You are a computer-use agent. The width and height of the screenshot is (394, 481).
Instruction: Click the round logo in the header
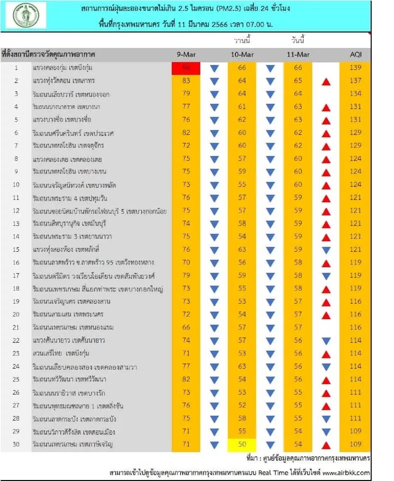pos(26,15)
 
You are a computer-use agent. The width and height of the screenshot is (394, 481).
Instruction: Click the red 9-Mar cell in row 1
pos(186,68)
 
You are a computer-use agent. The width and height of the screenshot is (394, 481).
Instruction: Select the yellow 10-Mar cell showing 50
pos(242,444)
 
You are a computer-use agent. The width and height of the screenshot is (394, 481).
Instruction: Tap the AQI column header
pos(356,55)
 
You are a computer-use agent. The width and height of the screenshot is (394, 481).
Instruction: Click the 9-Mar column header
pos(186,55)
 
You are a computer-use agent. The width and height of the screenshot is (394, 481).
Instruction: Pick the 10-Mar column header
pos(242,55)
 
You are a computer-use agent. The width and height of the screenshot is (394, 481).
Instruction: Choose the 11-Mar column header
pos(298,55)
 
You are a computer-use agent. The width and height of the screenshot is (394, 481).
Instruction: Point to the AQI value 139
pos(355,68)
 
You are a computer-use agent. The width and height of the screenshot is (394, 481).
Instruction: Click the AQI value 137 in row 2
pos(355,81)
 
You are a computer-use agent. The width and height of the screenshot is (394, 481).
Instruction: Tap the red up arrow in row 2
pos(326,82)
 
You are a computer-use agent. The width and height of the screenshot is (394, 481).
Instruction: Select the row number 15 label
pos(16,250)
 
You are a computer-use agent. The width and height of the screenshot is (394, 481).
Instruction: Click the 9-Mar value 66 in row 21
pos(186,327)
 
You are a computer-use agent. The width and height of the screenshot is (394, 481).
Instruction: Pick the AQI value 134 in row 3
pos(355,94)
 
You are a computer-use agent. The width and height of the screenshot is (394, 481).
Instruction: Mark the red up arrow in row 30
pos(326,446)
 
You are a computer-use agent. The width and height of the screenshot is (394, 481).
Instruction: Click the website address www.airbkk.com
pos(346,473)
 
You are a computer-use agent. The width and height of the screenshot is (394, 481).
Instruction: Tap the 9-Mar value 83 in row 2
pos(186,81)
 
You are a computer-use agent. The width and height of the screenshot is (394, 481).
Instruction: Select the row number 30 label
pos(16,444)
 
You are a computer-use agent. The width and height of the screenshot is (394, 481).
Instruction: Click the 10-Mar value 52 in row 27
pos(242,405)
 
